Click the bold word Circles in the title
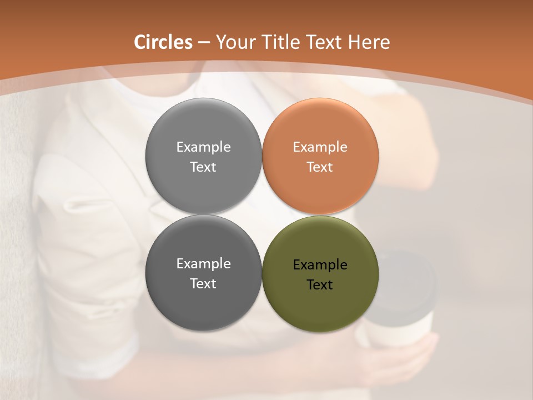point(163,42)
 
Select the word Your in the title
point(233,42)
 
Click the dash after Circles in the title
point(203,43)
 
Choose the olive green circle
point(320,306)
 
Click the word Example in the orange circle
point(320,147)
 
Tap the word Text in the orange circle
point(320,167)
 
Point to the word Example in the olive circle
point(320,265)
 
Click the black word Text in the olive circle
point(320,285)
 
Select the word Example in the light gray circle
point(203,147)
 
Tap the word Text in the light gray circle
point(203,167)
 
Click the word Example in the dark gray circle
point(203,264)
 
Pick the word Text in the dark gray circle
point(203,284)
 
